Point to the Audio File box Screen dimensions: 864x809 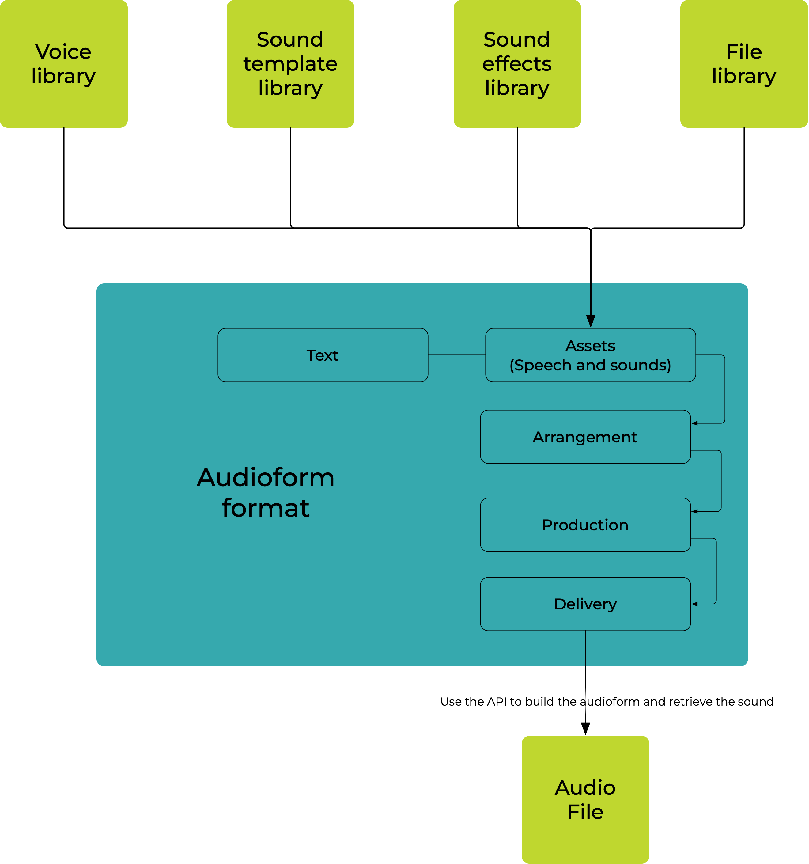(x=585, y=799)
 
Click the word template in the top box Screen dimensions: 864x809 (x=290, y=64)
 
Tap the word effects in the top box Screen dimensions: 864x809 (x=517, y=64)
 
